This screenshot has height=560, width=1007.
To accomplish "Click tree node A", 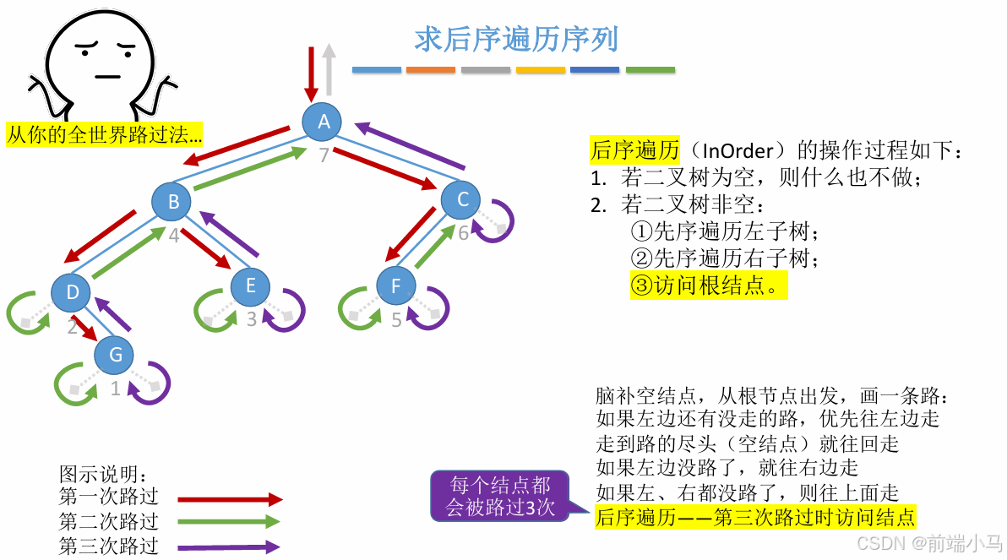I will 323,122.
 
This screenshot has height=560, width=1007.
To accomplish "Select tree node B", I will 173,201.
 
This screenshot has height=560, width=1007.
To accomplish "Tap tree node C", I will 461,199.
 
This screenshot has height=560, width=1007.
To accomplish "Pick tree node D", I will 72,292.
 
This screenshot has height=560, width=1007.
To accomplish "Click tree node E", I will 250,285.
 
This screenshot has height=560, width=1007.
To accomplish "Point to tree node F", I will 395,286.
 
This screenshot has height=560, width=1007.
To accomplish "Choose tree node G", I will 115,355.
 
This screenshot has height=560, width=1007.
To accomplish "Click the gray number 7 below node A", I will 324,155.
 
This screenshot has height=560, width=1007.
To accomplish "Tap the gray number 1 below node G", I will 116,389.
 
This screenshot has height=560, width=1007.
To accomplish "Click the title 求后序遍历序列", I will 516,39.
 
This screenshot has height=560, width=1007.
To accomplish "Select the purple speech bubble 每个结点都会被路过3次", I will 501,496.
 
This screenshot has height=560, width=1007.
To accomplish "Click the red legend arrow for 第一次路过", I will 229,499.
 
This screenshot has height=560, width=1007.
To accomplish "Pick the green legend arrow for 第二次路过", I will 229,522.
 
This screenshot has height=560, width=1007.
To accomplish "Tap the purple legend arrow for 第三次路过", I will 229,546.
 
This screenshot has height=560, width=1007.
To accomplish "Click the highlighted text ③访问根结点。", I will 708,285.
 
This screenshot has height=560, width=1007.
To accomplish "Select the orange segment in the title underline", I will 431,69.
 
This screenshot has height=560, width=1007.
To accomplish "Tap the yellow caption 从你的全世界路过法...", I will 105,134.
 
